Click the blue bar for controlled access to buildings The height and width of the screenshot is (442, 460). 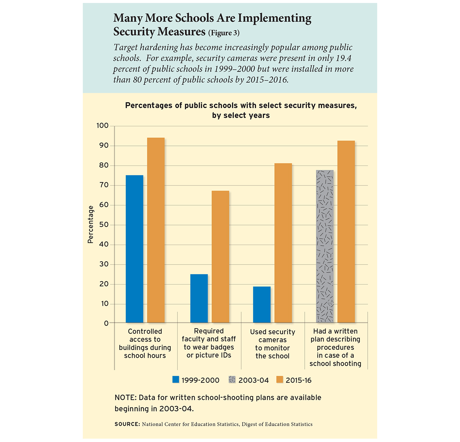click(x=134, y=249)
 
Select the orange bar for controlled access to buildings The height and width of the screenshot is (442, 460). click(x=156, y=230)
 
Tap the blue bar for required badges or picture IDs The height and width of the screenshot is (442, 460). click(x=199, y=298)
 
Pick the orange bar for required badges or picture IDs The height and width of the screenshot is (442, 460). click(x=220, y=257)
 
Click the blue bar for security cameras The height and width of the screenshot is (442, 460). click(x=262, y=305)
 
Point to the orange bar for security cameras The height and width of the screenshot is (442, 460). click(x=283, y=243)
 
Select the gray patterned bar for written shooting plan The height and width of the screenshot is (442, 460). click(x=325, y=246)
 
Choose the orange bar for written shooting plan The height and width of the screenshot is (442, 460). click(x=346, y=232)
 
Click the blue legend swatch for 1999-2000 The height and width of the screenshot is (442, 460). click(x=176, y=380)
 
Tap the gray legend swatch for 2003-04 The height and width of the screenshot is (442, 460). click(x=232, y=380)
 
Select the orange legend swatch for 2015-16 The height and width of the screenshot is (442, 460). click(x=280, y=380)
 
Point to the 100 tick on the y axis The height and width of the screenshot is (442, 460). click(x=103, y=126)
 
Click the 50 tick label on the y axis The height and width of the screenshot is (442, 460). click(x=105, y=225)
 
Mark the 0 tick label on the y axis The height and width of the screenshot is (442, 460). click(x=106, y=323)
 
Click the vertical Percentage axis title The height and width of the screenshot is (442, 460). click(x=91, y=224)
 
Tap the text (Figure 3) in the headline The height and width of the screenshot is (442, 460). click(x=224, y=33)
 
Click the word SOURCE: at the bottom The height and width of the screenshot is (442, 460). click(x=127, y=424)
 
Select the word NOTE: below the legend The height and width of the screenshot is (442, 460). click(x=125, y=398)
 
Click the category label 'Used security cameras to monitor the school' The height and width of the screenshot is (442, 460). click(x=272, y=344)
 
